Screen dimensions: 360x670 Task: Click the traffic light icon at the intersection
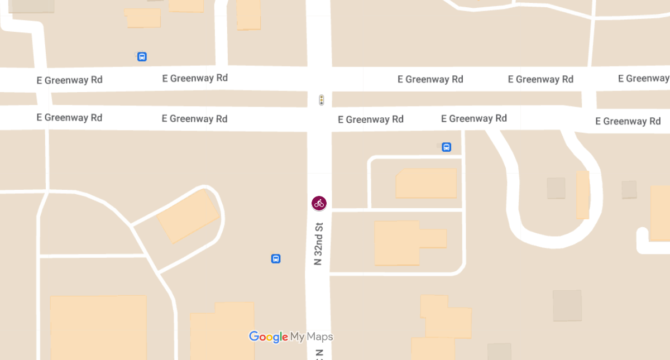(x=321, y=100)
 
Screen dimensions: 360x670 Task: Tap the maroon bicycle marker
(x=319, y=203)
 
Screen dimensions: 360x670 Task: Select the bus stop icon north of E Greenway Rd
(x=142, y=56)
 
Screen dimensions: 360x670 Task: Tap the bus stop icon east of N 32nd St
(x=446, y=147)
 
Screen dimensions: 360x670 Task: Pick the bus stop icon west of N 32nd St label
(x=275, y=258)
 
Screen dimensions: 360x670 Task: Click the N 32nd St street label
(x=319, y=243)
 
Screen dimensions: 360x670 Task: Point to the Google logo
(x=269, y=337)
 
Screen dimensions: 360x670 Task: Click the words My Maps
(x=312, y=337)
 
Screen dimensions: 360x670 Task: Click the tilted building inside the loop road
(x=188, y=217)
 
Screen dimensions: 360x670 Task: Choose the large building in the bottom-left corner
(x=98, y=328)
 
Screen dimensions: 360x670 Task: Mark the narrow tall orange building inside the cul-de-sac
(x=582, y=195)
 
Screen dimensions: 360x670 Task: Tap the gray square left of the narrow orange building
(x=556, y=188)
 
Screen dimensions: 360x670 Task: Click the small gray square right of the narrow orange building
(x=629, y=189)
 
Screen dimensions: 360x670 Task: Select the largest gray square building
(x=567, y=305)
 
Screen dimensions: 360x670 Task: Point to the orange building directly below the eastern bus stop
(x=426, y=183)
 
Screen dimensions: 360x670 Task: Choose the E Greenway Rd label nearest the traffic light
(x=371, y=119)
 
